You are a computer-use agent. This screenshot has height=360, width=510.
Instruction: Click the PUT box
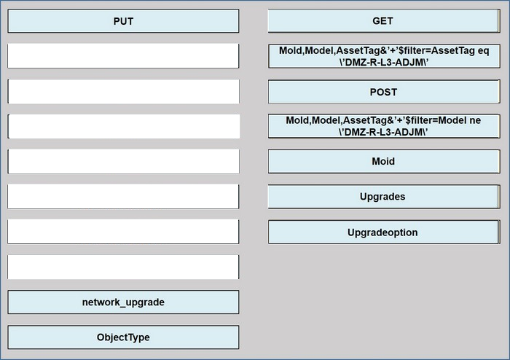(123, 21)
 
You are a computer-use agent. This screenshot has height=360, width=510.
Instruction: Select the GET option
(384, 21)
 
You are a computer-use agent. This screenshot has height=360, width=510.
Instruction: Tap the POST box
(384, 92)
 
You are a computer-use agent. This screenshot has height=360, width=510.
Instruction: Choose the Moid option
(384, 161)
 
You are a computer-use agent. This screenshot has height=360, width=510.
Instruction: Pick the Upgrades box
(384, 197)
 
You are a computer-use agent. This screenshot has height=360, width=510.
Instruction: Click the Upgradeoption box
(384, 232)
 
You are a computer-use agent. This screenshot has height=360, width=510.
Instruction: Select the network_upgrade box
(123, 302)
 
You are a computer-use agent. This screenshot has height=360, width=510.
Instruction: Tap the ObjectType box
(123, 337)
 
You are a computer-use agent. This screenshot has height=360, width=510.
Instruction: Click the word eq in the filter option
(483, 51)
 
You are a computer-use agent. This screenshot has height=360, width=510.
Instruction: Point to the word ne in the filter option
(475, 120)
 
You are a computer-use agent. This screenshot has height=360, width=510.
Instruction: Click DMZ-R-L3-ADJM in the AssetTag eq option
(384, 62)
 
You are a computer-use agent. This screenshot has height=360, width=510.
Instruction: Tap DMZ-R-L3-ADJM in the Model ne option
(384, 132)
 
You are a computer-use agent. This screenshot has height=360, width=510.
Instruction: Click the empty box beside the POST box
(123, 91)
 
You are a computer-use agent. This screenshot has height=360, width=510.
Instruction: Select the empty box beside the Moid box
(123, 161)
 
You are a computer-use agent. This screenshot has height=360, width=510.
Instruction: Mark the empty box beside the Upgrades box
(123, 197)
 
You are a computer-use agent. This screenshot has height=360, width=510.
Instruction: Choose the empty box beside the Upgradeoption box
(123, 232)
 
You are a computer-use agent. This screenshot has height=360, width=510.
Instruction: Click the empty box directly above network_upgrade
(123, 267)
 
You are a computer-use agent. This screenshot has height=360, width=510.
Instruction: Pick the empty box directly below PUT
(123, 56)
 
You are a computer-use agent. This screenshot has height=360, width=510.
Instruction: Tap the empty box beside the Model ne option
(123, 126)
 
